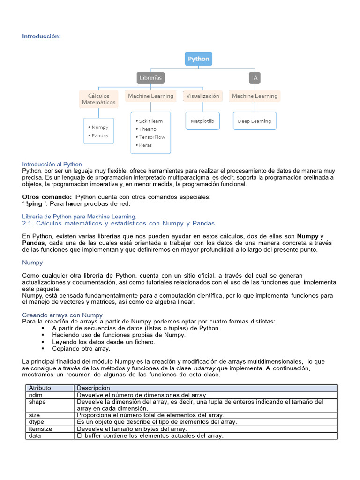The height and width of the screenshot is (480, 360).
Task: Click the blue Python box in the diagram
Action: pos(199,59)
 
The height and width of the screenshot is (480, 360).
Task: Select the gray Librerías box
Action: pos(150,78)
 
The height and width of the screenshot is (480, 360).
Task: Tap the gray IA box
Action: pos(255,78)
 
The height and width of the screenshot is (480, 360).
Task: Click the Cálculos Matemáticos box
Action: pos(98,99)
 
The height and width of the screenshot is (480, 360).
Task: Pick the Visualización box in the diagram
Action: pos(202,96)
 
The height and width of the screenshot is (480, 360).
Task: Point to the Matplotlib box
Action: pos(202,121)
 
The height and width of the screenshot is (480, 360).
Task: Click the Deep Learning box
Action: pos(255,121)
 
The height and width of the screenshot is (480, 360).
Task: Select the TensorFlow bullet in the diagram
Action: pos(152,137)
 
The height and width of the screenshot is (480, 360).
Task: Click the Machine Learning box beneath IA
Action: pos(255,96)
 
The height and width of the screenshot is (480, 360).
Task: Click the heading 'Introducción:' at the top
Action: pos(42,37)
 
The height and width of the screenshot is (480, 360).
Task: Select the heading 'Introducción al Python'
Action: pos(52,165)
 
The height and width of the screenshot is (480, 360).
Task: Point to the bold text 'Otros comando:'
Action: pos(47,196)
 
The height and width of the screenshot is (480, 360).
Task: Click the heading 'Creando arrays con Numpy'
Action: pos(62,315)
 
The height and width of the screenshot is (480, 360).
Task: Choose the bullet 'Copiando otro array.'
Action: pos(81,349)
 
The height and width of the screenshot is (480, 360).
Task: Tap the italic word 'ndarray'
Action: pos(204,368)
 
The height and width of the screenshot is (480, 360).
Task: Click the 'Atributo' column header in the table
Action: pos(40,388)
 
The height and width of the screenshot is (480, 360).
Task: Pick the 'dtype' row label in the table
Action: pos(36,422)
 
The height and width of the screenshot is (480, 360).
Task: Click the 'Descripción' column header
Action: pos(93,388)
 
